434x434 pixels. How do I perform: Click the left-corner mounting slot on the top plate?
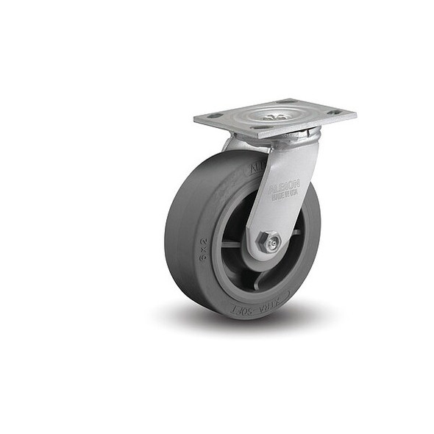point(213,115)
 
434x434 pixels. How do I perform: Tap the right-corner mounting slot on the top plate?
point(335,113)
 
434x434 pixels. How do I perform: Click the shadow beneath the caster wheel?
point(243,324)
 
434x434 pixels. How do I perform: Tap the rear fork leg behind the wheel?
point(237,143)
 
